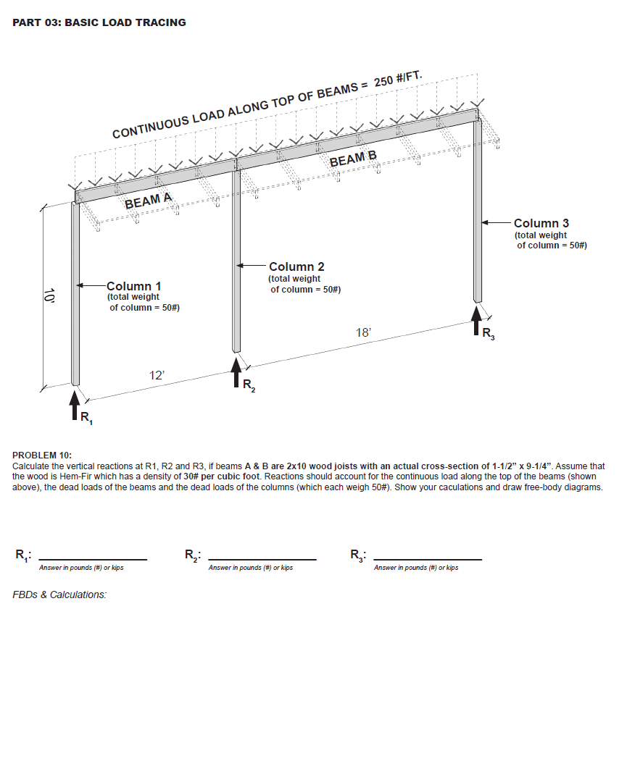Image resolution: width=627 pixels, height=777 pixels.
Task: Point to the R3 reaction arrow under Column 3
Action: pyautogui.click(x=476, y=321)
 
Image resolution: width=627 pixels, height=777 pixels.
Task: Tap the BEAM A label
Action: pyautogui.click(x=148, y=201)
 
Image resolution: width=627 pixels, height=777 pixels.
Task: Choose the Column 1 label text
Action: pyautogui.click(x=134, y=287)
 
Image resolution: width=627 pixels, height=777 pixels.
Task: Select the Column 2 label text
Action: pyautogui.click(x=296, y=268)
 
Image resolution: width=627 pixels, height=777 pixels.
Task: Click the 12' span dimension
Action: pyautogui.click(x=157, y=375)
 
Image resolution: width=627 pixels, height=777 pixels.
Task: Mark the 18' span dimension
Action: pyautogui.click(x=363, y=332)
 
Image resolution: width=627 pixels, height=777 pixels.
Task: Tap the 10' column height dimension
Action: pyautogui.click(x=49, y=296)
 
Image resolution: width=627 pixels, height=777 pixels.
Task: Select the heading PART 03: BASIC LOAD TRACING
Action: pyautogui.click(x=99, y=22)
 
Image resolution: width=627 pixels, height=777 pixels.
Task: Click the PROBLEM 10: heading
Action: pyautogui.click(x=42, y=455)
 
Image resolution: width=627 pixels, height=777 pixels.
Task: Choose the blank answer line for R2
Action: pyautogui.click(x=262, y=559)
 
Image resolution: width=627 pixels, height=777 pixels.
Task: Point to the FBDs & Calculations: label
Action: pyautogui.click(x=59, y=595)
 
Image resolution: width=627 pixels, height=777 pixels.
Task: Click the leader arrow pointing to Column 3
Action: pyautogui.click(x=497, y=222)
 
